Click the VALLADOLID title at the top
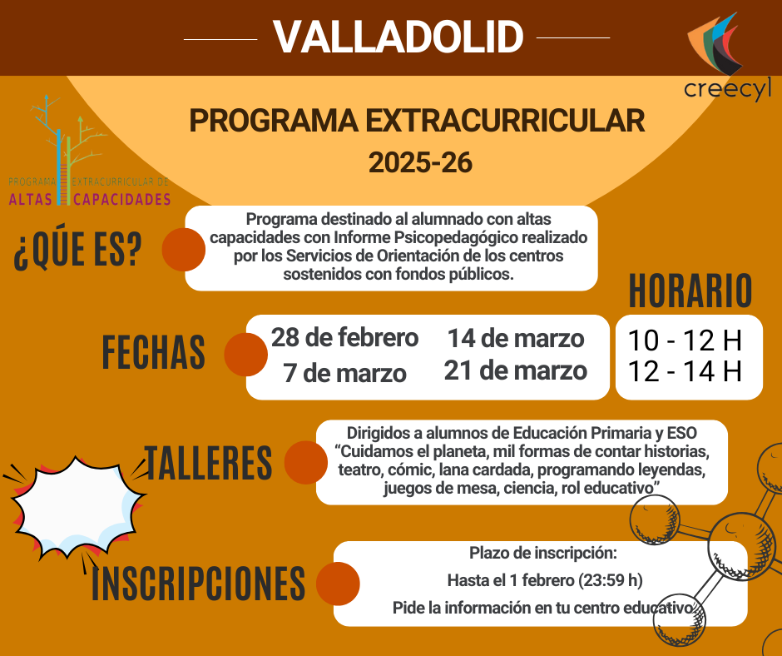pyautogui.click(x=398, y=37)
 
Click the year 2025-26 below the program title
pyautogui.click(x=420, y=162)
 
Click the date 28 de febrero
pyautogui.click(x=344, y=338)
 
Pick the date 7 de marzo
pyautogui.click(x=344, y=372)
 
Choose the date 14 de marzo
pyautogui.click(x=516, y=339)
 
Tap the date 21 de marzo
pyautogui.click(x=516, y=370)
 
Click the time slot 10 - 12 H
pyautogui.click(x=685, y=340)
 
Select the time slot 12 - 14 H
pyautogui.click(x=685, y=371)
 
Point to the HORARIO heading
pyautogui.click(x=690, y=291)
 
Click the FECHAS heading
pyautogui.click(x=154, y=353)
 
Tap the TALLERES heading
pyautogui.click(x=208, y=462)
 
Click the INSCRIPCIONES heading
pyautogui.click(x=198, y=583)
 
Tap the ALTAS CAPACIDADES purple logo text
pyautogui.click(x=90, y=199)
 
